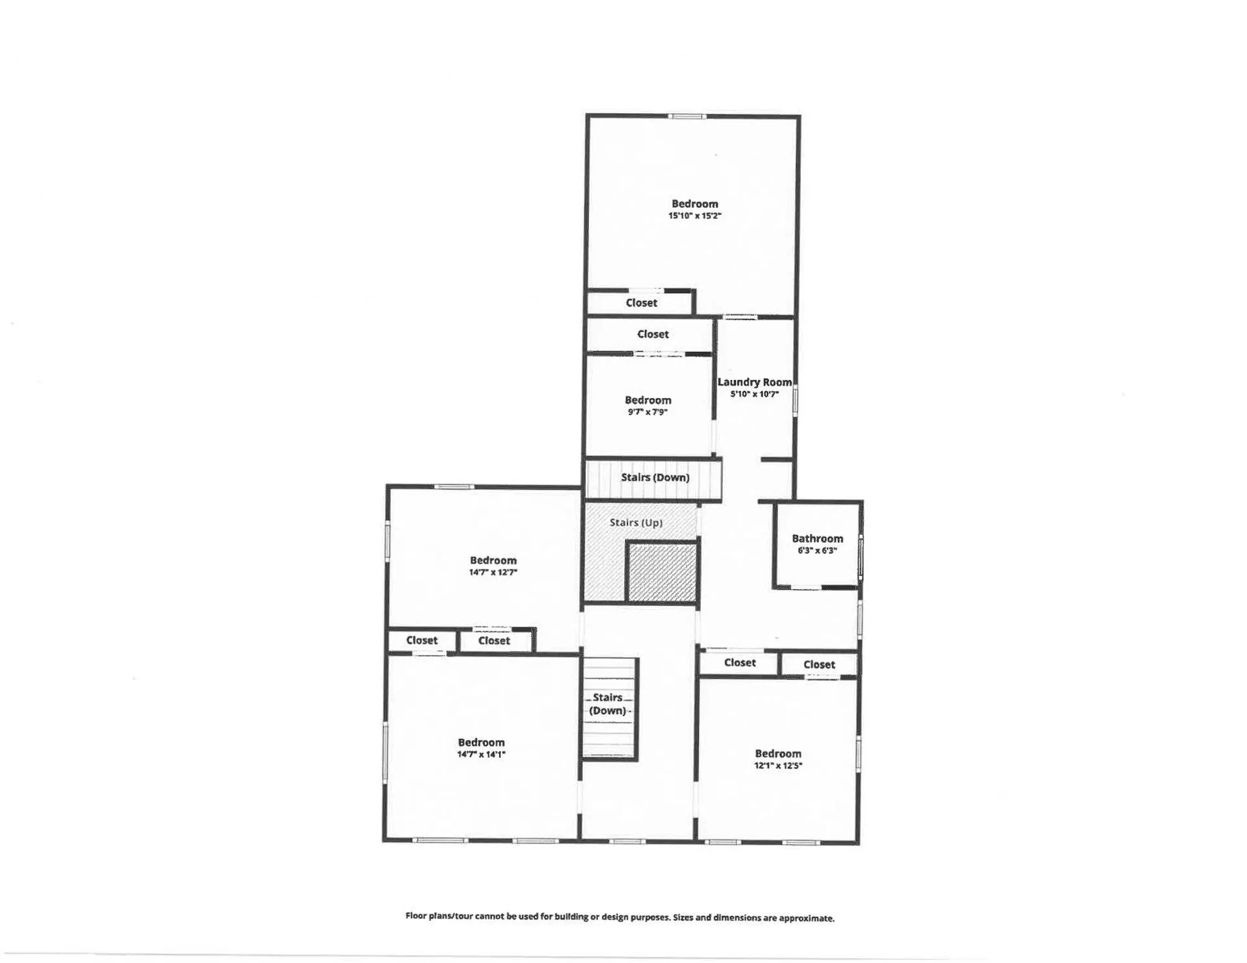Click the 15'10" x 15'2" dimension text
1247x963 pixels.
click(x=694, y=216)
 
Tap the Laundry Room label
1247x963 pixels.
click(x=754, y=382)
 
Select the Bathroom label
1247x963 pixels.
click(x=817, y=538)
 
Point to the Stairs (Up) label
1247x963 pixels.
click(x=636, y=522)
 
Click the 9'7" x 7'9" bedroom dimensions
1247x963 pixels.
click(x=648, y=412)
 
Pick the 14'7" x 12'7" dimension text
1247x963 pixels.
click(x=493, y=572)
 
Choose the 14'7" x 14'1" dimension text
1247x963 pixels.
click(x=481, y=754)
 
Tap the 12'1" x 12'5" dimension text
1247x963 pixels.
click(x=777, y=766)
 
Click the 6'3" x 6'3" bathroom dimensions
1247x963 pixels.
click(x=817, y=550)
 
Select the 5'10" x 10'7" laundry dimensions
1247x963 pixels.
click(x=754, y=394)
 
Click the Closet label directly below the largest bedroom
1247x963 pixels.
click(x=641, y=303)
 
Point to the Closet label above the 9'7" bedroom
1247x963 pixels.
click(x=652, y=334)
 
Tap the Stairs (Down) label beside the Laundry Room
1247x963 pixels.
click(x=655, y=477)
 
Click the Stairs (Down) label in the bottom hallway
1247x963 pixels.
click(x=608, y=704)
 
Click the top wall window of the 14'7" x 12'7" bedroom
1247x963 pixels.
click(x=454, y=486)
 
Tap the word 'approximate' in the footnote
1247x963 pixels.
click(x=806, y=918)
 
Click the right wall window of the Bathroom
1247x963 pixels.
click(x=861, y=557)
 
